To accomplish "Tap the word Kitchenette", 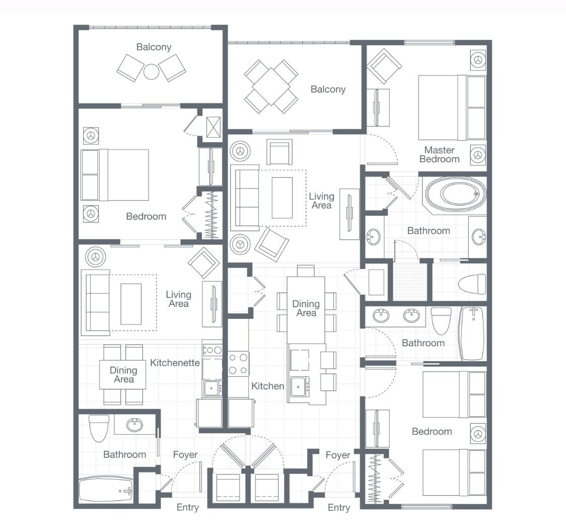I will [x=175, y=363].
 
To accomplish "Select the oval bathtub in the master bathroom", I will [x=456, y=194].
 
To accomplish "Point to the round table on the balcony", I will [x=151, y=72].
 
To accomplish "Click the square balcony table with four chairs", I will [x=271, y=86].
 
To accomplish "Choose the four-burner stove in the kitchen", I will [x=238, y=364].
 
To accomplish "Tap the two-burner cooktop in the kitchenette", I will [x=212, y=350].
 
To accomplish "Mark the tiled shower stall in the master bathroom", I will [x=409, y=281].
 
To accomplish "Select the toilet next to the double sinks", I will [x=441, y=320].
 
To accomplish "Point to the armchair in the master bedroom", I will [x=384, y=65].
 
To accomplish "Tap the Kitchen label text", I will [x=267, y=386].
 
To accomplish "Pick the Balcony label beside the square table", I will [x=328, y=89].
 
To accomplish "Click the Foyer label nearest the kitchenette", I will [x=185, y=454].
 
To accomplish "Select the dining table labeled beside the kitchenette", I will [x=122, y=375].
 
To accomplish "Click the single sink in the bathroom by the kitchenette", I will [x=134, y=425].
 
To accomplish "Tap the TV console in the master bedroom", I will [x=378, y=108].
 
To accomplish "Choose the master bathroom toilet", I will [x=472, y=284].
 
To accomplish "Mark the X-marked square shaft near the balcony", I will [x=214, y=123].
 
